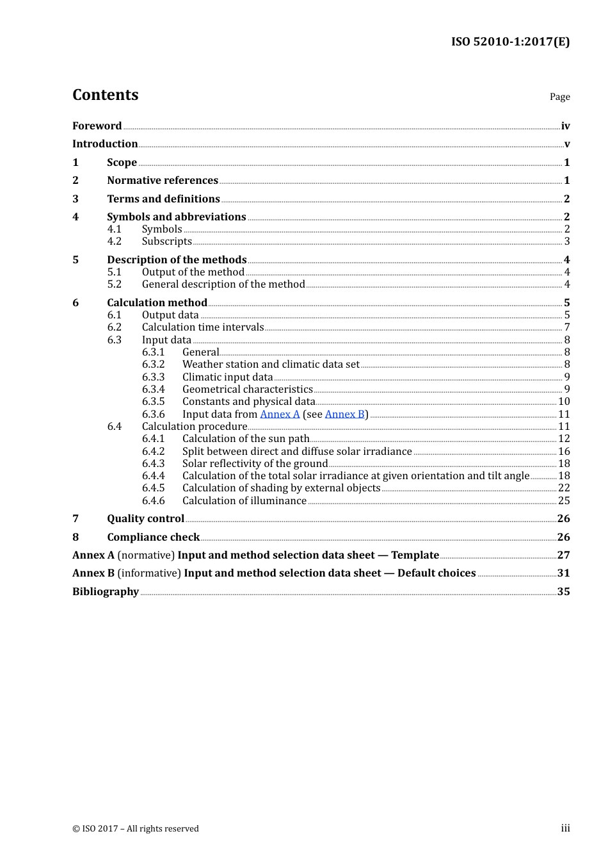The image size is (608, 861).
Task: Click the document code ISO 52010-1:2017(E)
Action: [510, 42]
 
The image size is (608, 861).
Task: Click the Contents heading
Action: [105, 95]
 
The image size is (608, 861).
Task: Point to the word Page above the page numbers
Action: [559, 97]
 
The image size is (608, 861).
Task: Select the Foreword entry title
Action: [97, 126]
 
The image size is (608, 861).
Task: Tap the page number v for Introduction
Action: [566, 144]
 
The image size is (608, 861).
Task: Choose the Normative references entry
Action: [163, 181]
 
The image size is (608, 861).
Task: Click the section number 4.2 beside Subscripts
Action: [115, 242]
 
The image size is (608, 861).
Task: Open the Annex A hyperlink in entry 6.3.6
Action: [280, 414]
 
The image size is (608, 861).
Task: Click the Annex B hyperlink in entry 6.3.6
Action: [344, 414]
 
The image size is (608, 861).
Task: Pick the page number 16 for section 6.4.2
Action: [564, 452]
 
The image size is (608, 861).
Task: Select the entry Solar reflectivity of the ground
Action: [255, 464]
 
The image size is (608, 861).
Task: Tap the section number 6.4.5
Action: [153, 488]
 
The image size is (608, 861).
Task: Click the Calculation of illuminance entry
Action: [244, 501]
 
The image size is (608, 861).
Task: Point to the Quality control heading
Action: [145, 519]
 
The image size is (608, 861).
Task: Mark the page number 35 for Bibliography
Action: [563, 592]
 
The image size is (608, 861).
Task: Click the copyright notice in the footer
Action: [136, 829]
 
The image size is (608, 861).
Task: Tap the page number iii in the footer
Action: [565, 828]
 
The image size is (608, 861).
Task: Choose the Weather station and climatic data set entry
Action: [271, 365]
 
